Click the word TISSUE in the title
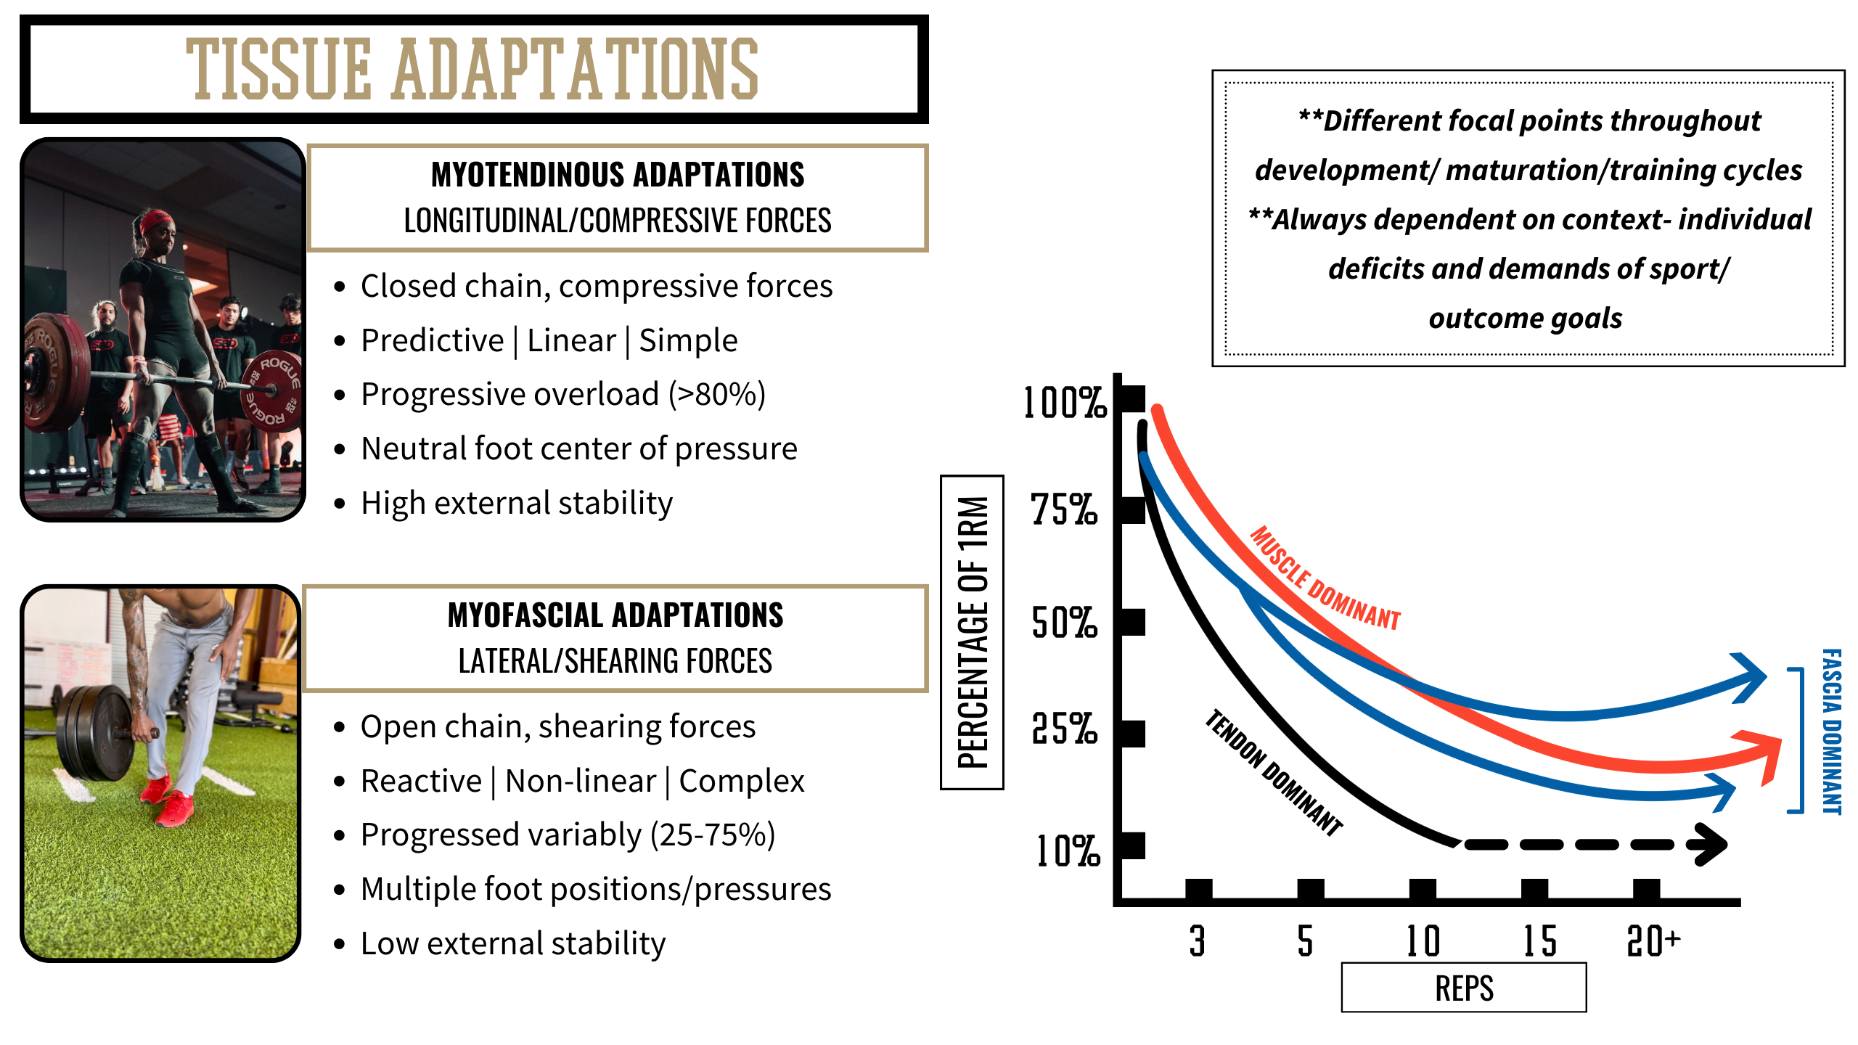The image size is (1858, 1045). tap(279, 70)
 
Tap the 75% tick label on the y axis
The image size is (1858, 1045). tap(1064, 509)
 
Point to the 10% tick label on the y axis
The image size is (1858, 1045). tap(1067, 851)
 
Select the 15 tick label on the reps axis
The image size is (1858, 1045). tap(1539, 941)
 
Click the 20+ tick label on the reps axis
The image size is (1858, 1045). tap(1653, 941)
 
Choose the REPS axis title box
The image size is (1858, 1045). tap(1463, 988)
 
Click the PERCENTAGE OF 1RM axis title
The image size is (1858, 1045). tap(973, 632)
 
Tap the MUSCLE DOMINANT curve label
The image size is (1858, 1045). tap(1325, 578)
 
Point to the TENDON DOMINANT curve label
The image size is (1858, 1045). tap(1274, 773)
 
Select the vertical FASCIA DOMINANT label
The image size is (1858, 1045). tap(1832, 731)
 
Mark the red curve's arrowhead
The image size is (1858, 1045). tap(1764, 755)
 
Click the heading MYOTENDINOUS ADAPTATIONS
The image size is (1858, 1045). tap(618, 175)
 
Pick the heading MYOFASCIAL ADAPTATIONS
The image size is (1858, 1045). tap(615, 615)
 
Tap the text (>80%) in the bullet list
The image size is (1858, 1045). tap(717, 395)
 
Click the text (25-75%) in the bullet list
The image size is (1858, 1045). tap(713, 835)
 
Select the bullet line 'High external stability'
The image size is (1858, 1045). tap(517, 503)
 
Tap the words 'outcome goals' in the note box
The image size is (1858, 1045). tap(1526, 319)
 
